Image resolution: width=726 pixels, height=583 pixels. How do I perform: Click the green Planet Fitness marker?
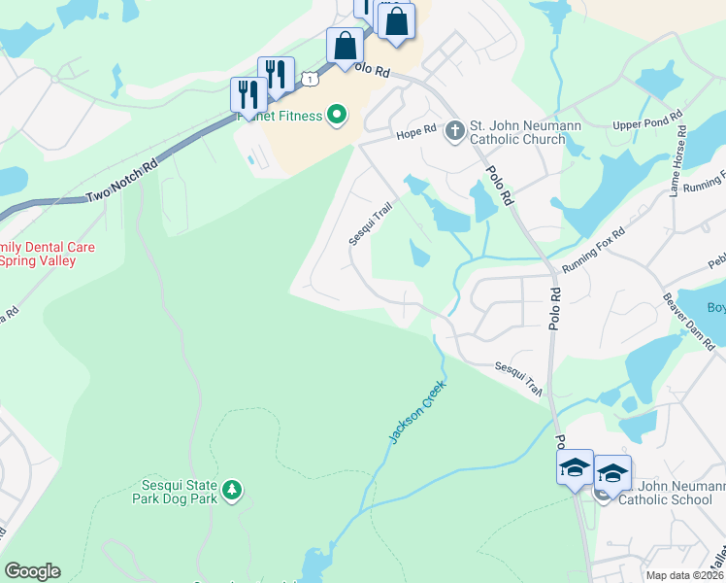point(337,117)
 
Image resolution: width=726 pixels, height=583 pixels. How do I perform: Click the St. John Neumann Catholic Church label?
point(517,132)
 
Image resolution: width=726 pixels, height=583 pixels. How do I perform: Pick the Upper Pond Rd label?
point(648,125)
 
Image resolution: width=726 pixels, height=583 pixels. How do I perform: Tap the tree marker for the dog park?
point(231,491)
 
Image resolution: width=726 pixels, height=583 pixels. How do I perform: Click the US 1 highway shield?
point(309,77)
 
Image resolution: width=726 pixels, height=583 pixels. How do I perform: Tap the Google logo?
point(32,571)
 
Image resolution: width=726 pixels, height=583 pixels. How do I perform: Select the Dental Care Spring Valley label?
point(48,254)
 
